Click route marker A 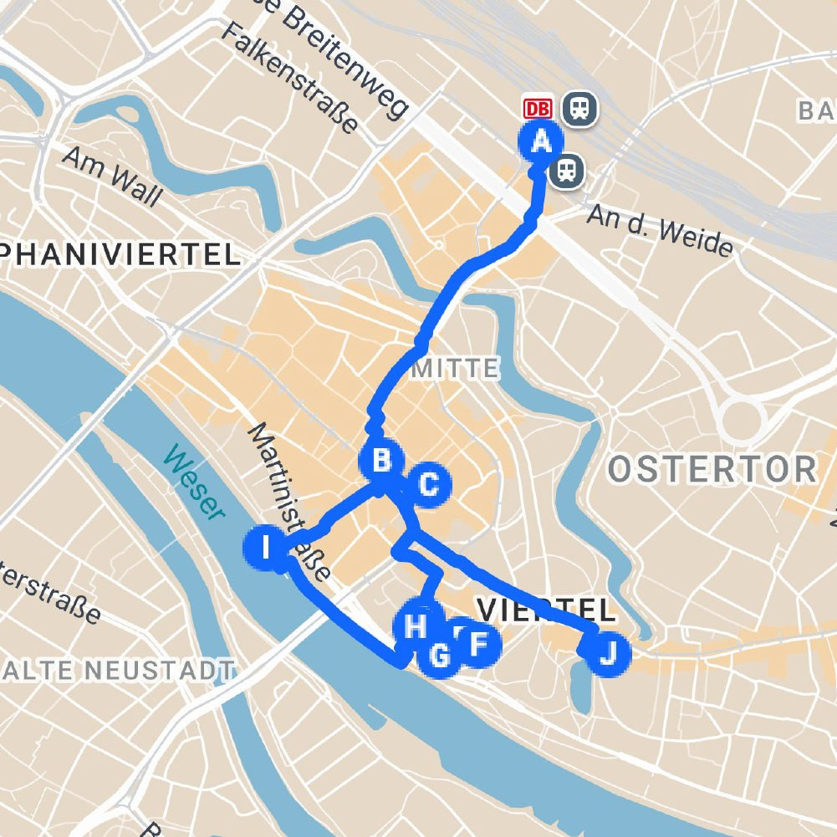[541, 141]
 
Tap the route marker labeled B [381, 461]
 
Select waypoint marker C [428, 484]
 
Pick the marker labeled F [478, 644]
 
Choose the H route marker [416, 625]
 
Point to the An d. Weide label [660, 231]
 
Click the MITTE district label [456, 367]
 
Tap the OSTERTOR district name [712, 469]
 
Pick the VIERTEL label [545, 609]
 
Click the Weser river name [195, 483]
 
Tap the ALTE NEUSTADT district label [117, 669]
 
